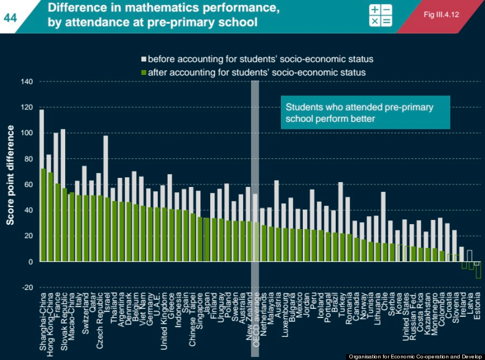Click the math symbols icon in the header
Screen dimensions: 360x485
[x=380, y=15]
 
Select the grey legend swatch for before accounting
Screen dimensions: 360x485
[x=144, y=59]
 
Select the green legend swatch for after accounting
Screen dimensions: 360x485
[x=144, y=72]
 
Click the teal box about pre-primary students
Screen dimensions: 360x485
[x=365, y=113]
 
